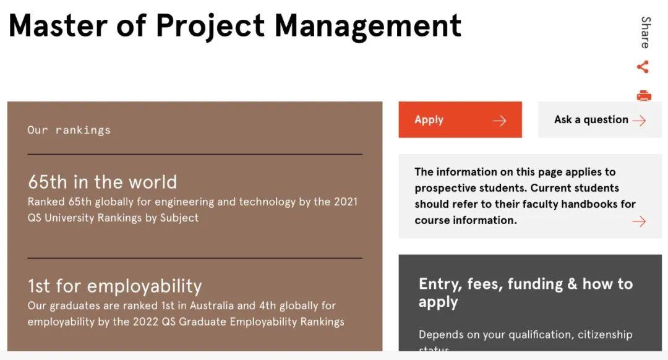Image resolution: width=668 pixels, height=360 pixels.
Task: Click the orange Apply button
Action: (460, 119)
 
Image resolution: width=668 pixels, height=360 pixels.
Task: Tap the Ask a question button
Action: (599, 120)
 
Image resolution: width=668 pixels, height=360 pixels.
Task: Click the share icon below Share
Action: (643, 67)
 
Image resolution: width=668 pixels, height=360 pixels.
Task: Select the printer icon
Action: (644, 96)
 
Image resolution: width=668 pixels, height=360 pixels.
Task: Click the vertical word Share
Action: (645, 32)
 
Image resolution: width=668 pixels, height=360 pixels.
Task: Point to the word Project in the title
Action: (210, 26)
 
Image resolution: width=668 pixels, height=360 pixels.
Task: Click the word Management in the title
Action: (367, 26)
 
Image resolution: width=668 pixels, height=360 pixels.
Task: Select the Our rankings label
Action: (69, 130)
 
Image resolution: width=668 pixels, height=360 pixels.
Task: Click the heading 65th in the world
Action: (102, 182)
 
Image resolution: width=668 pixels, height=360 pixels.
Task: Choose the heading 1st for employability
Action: (114, 286)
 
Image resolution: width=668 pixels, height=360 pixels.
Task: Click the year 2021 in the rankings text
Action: (345, 202)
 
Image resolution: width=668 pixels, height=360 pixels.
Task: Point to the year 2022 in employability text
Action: (145, 322)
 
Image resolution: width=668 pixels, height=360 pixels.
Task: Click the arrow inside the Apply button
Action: (499, 121)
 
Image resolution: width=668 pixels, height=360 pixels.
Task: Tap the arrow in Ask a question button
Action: (639, 121)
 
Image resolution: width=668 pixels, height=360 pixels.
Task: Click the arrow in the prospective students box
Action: (639, 221)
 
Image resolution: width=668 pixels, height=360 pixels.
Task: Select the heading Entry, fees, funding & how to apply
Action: (525, 293)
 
